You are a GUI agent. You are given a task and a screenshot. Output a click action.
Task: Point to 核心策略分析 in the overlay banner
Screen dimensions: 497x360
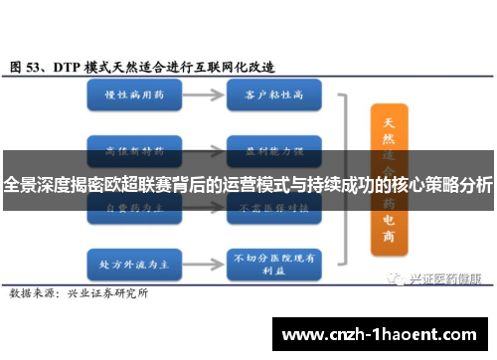(441, 185)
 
